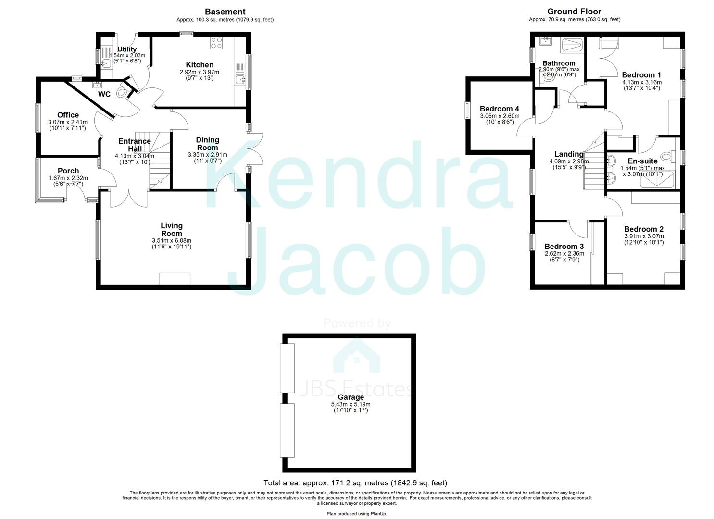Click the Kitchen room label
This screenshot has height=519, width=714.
200,65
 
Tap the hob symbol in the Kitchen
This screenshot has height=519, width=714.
216,43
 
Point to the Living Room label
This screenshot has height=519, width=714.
172,229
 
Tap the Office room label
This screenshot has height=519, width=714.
68,115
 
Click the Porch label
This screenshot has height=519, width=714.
68,171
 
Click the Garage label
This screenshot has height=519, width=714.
351,397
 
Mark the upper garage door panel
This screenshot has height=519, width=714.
288,368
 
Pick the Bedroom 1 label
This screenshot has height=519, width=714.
641,75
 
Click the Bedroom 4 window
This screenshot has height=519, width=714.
466,111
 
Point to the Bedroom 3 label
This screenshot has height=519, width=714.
564,247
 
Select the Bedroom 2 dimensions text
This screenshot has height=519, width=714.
644,239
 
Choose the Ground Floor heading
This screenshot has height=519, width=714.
574,12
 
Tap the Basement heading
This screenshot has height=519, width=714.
225,12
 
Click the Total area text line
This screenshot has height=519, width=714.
355,483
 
